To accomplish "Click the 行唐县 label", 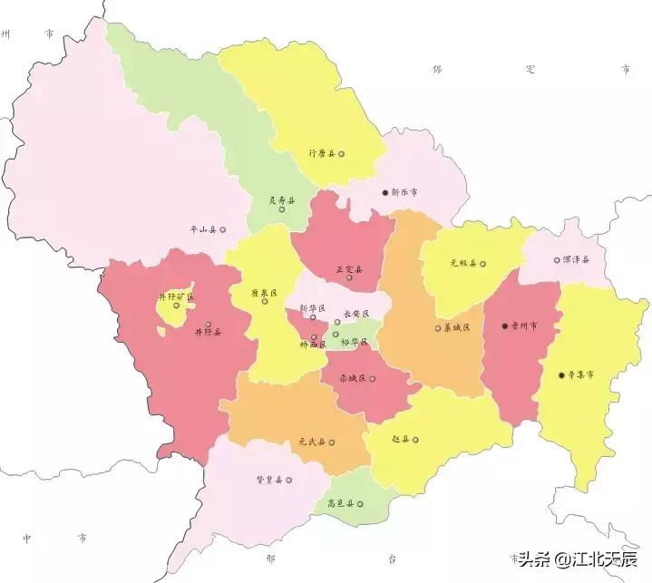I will (x=322, y=154).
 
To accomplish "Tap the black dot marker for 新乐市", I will (x=385, y=192).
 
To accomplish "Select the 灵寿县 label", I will (x=281, y=200).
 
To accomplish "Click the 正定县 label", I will (x=349, y=268).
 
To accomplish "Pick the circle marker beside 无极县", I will (x=482, y=264).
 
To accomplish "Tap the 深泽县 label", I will (x=575, y=259).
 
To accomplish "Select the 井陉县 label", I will (x=208, y=333).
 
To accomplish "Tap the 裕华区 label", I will (x=354, y=342).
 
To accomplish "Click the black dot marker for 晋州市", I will (x=504, y=326).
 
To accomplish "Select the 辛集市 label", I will (x=580, y=374).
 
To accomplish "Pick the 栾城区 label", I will (x=351, y=377).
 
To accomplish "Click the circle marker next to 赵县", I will (x=416, y=440).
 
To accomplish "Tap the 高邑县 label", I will (x=340, y=504).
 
